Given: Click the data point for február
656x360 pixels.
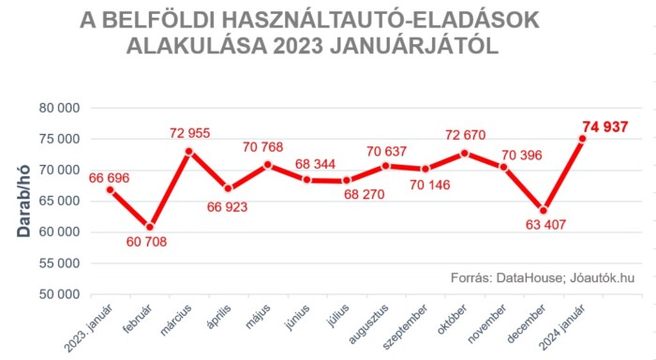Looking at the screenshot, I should (x=150, y=227).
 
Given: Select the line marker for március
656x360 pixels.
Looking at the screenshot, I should (x=189, y=151).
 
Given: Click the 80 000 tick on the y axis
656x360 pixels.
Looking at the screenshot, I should (x=60, y=108).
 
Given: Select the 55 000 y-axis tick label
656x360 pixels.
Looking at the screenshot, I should (x=60, y=263).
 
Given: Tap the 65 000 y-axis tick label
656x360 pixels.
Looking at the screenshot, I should (x=60, y=201).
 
